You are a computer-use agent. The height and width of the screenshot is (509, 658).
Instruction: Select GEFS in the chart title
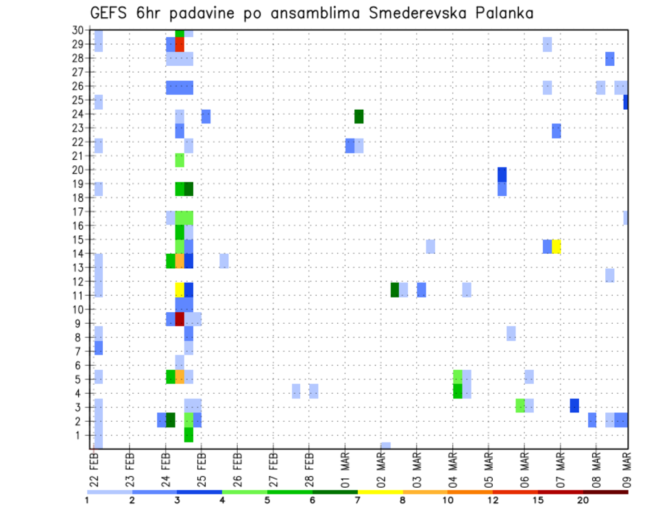tap(108, 13)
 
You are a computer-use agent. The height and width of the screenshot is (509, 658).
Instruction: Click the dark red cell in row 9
tap(180, 319)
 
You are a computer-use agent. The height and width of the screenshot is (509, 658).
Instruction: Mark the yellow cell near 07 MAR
tap(557, 246)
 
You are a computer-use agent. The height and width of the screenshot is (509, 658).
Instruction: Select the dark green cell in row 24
tap(358, 117)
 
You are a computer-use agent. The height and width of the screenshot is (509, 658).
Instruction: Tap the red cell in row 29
tap(180, 45)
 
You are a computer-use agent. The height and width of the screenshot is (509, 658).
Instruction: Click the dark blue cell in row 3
tap(574, 405)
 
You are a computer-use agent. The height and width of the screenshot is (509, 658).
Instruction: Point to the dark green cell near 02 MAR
tap(395, 289)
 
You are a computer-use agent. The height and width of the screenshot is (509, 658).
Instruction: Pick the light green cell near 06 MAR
tap(520, 405)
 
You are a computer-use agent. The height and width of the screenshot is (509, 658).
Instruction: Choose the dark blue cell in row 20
tap(502, 174)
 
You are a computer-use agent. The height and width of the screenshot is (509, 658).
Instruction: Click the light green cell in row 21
tap(180, 160)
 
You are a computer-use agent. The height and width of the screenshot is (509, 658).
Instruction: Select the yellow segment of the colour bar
tap(380, 492)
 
